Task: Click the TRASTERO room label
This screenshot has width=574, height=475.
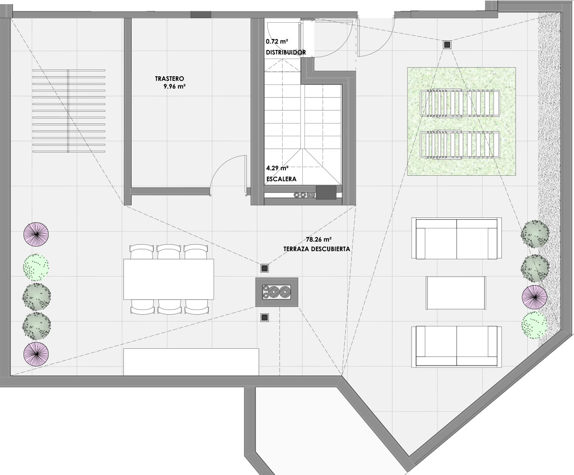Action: point(169,78)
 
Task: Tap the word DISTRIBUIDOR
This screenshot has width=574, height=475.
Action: point(286,52)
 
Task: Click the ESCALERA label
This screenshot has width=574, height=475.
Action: point(281,179)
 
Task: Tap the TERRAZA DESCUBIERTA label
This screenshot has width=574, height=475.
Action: point(317,249)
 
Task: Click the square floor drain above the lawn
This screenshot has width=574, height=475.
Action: point(447,44)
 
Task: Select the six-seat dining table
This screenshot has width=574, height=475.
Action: point(168,279)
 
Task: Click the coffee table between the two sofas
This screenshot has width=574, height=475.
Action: point(456,293)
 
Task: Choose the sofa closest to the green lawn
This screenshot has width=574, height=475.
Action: point(456,238)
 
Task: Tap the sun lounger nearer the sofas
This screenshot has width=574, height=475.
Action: point(460,145)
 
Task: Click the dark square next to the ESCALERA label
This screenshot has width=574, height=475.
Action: point(325,193)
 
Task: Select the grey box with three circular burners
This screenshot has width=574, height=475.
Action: point(277,292)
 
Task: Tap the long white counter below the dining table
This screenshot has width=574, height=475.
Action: point(191,361)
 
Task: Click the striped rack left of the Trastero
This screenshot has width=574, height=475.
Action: point(69,111)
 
